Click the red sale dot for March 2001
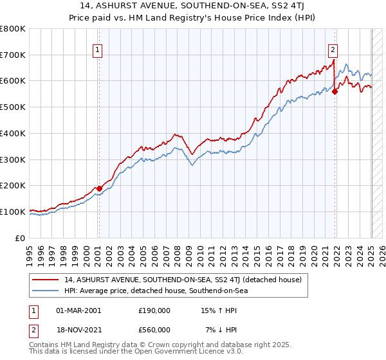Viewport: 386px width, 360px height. coord(99,188)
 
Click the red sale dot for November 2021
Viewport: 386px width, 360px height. coord(335,91)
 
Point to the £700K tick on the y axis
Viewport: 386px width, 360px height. coord(14,55)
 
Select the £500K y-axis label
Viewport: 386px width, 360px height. coord(14,107)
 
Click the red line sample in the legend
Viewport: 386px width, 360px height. coord(46,280)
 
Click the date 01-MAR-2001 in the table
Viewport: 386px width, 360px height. coord(78,310)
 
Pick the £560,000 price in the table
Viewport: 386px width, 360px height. coord(154,330)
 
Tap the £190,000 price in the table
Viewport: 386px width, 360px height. coord(154,310)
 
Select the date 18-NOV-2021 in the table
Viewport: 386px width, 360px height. coord(78,330)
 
